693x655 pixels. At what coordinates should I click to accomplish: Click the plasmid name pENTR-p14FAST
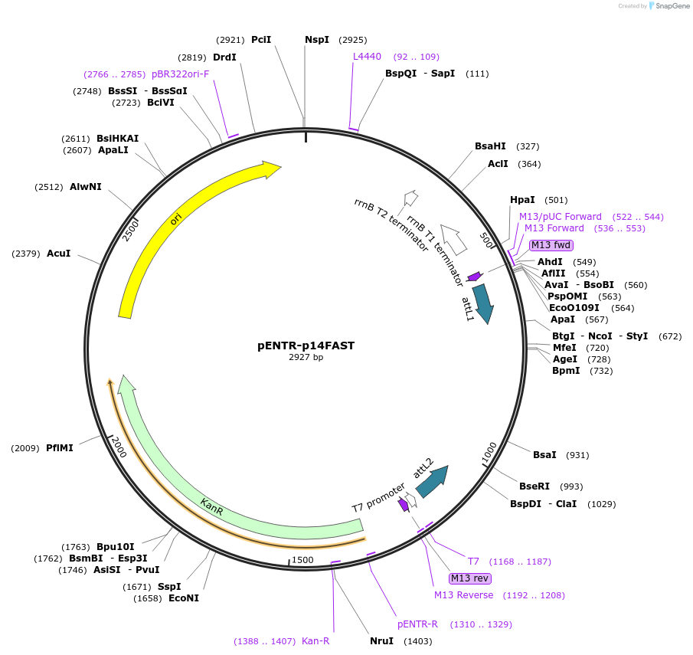coord(306,346)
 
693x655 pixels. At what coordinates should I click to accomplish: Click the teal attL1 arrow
coord(483,302)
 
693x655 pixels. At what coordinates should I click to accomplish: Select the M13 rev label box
coord(470,578)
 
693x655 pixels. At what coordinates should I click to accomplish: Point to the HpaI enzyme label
coord(523,200)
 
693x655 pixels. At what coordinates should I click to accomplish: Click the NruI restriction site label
coord(381,640)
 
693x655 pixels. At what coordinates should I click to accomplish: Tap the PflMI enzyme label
coord(60,448)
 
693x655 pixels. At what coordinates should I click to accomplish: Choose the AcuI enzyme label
coord(59,253)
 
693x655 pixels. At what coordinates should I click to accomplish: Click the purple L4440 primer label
coord(367,57)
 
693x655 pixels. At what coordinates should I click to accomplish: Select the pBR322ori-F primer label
coord(180,74)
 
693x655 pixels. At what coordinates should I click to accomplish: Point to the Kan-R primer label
coord(315,640)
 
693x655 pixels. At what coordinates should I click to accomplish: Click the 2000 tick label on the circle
coord(119,448)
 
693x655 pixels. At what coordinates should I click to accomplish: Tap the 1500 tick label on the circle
coord(302,560)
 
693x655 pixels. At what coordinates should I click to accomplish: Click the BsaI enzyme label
coord(544,455)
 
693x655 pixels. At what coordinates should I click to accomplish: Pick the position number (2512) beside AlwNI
coord(49,187)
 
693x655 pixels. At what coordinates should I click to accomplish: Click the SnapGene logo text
coord(671,6)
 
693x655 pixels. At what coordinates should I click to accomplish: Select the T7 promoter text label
coord(378,497)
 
